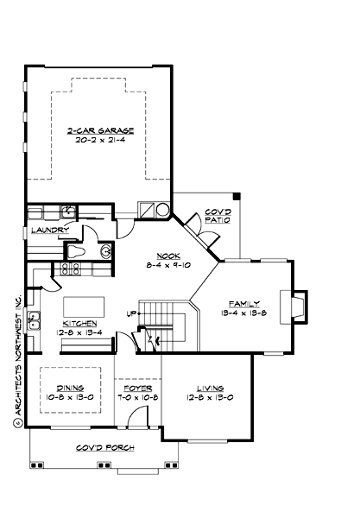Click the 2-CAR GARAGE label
pos(100,130)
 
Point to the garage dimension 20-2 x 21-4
pos(100,141)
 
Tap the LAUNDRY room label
pos(50,230)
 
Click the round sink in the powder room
pos(105,252)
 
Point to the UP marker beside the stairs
pos(133,313)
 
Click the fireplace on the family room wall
pos(298,306)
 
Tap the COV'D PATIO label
pos(216,214)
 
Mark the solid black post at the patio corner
pos(237,194)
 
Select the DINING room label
pos(70,388)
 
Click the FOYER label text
pos(136,388)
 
